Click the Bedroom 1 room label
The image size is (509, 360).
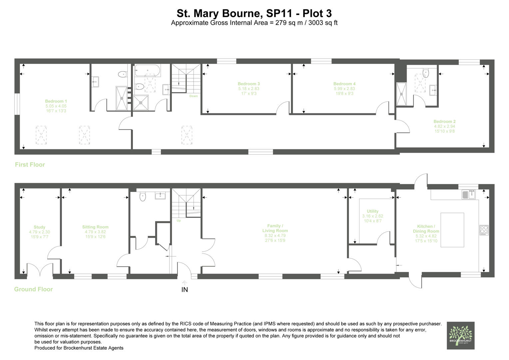56,101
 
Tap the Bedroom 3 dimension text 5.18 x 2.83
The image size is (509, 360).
249,89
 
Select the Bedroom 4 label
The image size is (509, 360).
344,84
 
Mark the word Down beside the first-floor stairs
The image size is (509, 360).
194,96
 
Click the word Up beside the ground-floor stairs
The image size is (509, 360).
179,221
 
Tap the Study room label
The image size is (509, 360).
39,227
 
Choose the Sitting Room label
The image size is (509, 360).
95,227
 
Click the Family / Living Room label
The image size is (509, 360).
275,228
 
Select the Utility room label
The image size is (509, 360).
372,211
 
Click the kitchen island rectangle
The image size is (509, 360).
452,230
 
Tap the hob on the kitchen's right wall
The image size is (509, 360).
483,230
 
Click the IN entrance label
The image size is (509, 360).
185,290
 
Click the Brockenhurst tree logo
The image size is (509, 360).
460,335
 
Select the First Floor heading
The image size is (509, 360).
30,165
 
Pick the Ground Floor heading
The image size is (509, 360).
33,289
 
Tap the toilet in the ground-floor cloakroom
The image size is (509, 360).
143,196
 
